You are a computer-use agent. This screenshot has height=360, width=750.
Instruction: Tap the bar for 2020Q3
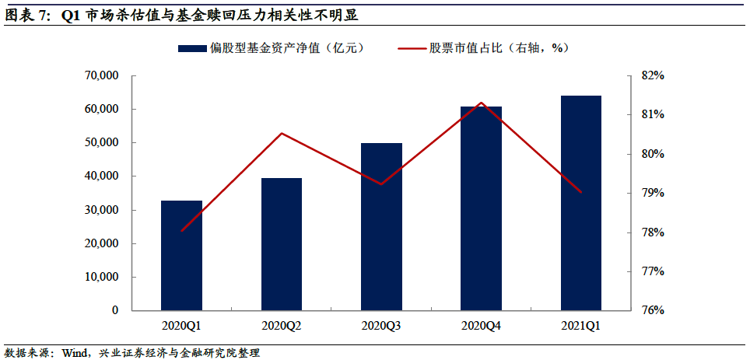(x=381, y=226)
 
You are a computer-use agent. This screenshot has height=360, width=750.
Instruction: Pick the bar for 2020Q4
(x=481, y=208)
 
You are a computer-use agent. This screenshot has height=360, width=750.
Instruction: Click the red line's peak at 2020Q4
(x=482, y=103)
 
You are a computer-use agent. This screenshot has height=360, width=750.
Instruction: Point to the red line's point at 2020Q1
(x=182, y=231)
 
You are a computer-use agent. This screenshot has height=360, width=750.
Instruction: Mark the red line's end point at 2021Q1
(x=581, y=192)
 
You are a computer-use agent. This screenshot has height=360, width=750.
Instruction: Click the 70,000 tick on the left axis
(x=100, y=76)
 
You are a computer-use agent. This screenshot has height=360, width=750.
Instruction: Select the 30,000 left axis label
(x=100, y=210)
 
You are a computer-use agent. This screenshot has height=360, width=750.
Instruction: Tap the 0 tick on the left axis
(x=114, y=310)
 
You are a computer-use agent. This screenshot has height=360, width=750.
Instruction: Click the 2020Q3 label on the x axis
(x=381, y=326)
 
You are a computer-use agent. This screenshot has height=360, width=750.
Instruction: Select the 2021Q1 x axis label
(x=581, y=326)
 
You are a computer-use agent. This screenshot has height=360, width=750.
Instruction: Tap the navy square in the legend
(x=191, y=48)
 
